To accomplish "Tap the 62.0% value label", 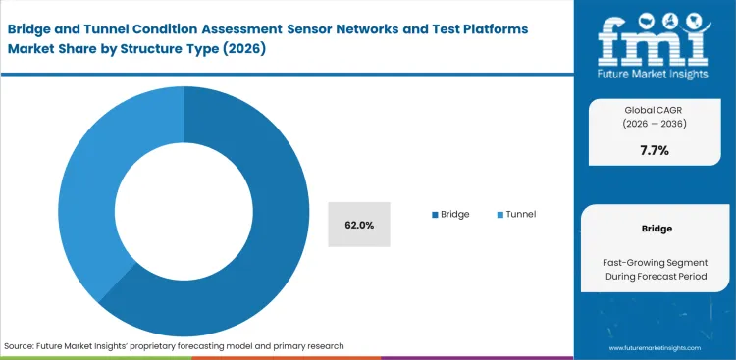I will click(358, 225).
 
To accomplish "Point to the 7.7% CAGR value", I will click(655, 151).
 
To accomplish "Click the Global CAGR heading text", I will click(655, 111).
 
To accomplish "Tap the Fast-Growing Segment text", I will click(655, 263).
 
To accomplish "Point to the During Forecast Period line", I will click(655, 277).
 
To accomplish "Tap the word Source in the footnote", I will click(20, 346).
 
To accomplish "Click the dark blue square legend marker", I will click(434, 214).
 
